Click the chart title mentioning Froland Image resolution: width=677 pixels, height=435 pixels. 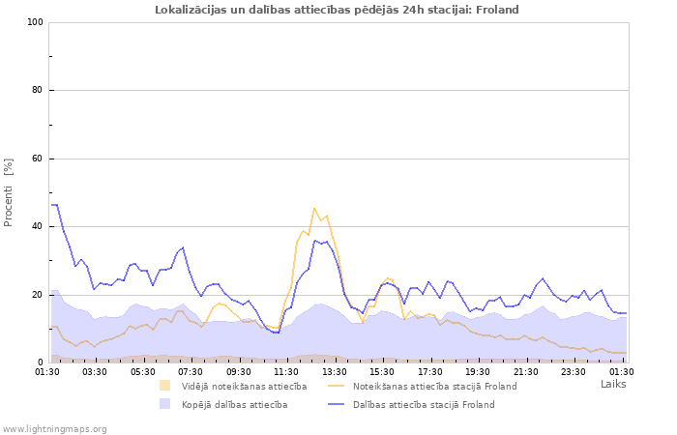pos(337,10)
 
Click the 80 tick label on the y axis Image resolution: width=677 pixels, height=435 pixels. pos(38,91)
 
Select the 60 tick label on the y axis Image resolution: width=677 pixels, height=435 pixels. pos(38,159)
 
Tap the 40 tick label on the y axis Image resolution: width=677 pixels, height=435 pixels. pos(38,227)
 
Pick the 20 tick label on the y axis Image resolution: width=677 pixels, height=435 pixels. pos(38,295)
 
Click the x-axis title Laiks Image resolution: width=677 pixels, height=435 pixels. pos(613,384)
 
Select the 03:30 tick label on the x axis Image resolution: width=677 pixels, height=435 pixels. pos(95,371)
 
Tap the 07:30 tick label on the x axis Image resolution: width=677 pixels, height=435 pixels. pos(191,371)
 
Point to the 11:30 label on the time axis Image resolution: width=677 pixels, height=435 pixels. pos(286,371)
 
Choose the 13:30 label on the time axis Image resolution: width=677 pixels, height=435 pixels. pos(335,371)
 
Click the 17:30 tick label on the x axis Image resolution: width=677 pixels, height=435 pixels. pos(430,371)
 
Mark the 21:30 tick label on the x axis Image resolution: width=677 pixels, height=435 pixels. pos(526,371)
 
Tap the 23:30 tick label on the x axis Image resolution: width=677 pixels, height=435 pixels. pos(574,371)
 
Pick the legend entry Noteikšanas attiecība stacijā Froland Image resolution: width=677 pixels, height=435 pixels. pos(434,386)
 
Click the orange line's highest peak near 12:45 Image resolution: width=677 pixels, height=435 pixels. pos(314,208)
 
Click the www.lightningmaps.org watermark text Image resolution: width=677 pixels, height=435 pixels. pos(55,428)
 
